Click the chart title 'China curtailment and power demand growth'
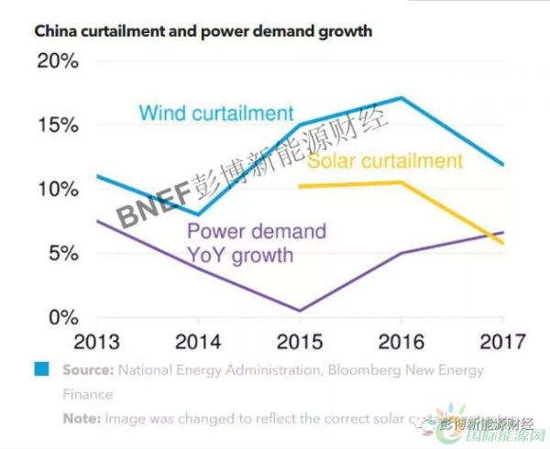203,31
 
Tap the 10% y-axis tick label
60,190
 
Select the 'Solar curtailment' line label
385,161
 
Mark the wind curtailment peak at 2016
401,98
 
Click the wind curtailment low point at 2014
198,214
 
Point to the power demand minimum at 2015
300,310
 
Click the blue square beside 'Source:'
41,369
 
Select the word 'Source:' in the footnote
88,370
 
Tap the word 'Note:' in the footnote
81,418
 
